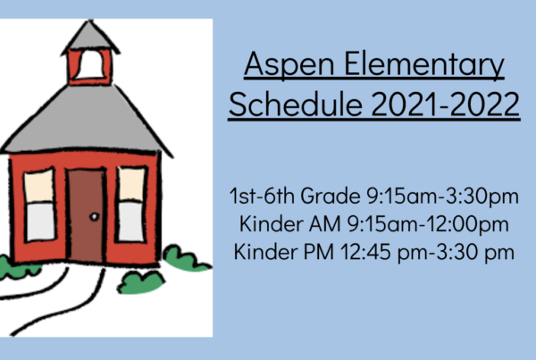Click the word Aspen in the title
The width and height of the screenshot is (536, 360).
coord(289,64)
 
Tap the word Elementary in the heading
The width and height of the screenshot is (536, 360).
coord(423,64)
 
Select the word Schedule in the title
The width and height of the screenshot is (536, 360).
coord(296,105)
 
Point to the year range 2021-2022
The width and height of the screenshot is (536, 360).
coord(446,105)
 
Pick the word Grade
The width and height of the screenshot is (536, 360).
coord(331,196)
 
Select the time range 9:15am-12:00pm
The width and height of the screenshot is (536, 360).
coord(428,224)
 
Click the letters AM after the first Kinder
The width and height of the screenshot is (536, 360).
coord(324,224)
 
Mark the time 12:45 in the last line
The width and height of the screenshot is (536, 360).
coord(365,252)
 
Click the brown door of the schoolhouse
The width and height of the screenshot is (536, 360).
coord(86,216)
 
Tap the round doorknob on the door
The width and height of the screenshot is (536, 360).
coord(95,216)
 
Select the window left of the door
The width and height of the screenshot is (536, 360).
coord(39,205)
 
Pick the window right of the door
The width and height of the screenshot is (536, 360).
coord(131,204)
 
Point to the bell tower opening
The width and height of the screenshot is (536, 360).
coord(90,64)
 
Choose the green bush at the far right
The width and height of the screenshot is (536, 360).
coord(187,258)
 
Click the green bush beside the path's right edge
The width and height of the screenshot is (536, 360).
coord(141,282)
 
